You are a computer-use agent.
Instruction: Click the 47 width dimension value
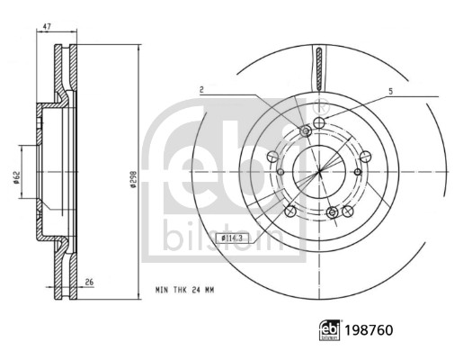[x=46, y=26]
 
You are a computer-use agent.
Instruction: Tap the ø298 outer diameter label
[x=133, y=179]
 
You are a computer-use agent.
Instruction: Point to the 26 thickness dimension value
[x=89, y=283]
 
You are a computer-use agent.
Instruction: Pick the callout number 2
[x=201, y=89]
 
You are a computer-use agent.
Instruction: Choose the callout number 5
[x=391, y=91]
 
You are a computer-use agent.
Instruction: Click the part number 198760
[x=369, y=330]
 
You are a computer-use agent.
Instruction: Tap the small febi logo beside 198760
[x=330, y=330]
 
